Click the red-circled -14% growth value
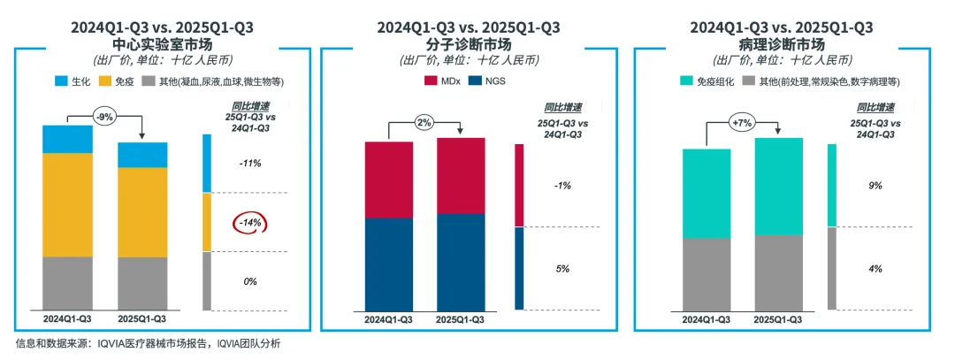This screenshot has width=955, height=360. [x=249, y=223]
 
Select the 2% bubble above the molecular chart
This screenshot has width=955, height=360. [x=424, y=122]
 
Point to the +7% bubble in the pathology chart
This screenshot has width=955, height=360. [x=742, y=122]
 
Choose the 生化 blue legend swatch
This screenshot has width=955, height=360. [x=61, y=81]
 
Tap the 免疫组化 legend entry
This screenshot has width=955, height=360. [x=704, y=81]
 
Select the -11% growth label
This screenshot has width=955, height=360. [x=249, y=164]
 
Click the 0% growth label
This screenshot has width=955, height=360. [x=249, y=281]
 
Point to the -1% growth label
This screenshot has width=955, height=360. [x=562, y=186]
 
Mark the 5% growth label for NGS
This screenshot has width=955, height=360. [x=562, y=268]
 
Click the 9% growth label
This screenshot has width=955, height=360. [x=875, y=186]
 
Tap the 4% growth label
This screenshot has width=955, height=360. [x=875, y=268]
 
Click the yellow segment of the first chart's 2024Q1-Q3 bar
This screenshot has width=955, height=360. [x=67, y=204]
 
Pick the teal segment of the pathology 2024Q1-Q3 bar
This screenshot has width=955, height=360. [x=706, y=193]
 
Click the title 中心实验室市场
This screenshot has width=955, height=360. [x=162, y=43]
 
